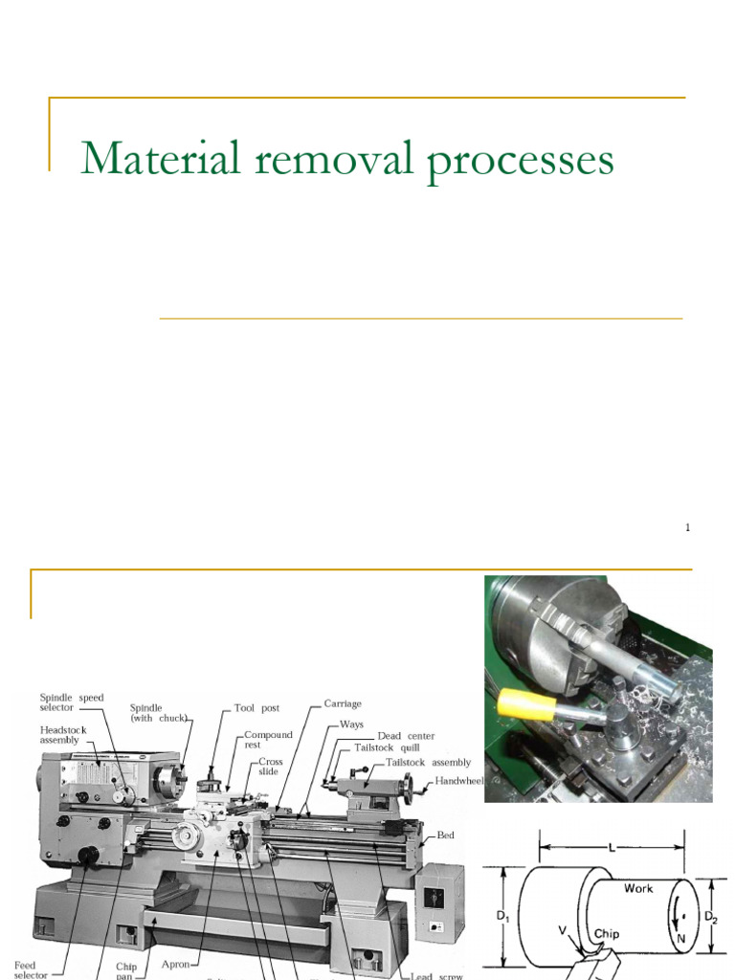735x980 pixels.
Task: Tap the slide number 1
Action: [x=687, y=527]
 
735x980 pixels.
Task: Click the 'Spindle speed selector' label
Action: [x=72, y=702]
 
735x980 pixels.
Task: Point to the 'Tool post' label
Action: [x=256, y=708]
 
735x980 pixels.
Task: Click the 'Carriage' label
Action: [x=343, y=703]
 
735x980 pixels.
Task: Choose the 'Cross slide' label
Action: [x=270, y=767]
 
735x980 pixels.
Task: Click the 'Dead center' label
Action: [x=406, y=736]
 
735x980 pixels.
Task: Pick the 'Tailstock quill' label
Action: [x=387, y=747]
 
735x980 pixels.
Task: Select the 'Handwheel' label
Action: [x=460, y=780]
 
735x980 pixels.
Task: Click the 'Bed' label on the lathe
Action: [x=446, y=835]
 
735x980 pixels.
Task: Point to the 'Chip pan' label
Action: [x=125, y=970]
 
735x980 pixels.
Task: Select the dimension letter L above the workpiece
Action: [x=612, y=848]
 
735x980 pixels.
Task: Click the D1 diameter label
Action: [x=502, y=917]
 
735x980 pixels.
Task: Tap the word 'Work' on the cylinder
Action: [x=638, y=888]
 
